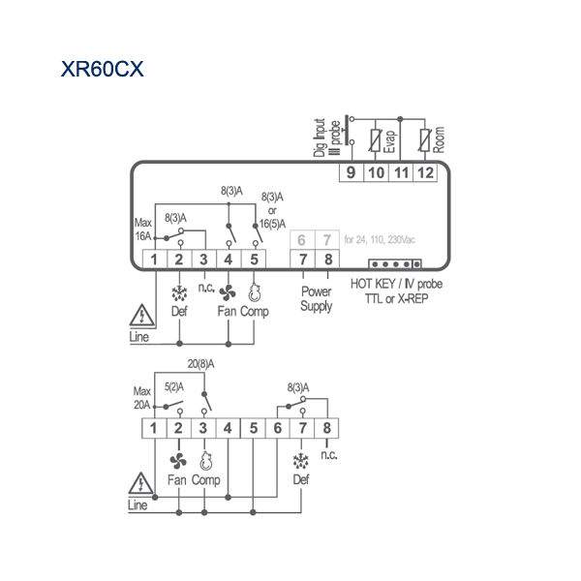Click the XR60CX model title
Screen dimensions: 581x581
[103, 69]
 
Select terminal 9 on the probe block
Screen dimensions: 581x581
[352, 172]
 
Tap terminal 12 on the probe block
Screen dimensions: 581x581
[425, 172]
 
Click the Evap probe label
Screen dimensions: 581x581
[389, 141]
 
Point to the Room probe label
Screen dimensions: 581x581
[439, 139]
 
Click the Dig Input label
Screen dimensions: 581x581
[319, 138]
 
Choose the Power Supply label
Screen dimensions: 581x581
[316, 299]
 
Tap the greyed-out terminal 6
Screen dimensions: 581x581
[302, 240]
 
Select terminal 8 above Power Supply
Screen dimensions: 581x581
[327, 259]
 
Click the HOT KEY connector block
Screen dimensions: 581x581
[395, 264]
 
